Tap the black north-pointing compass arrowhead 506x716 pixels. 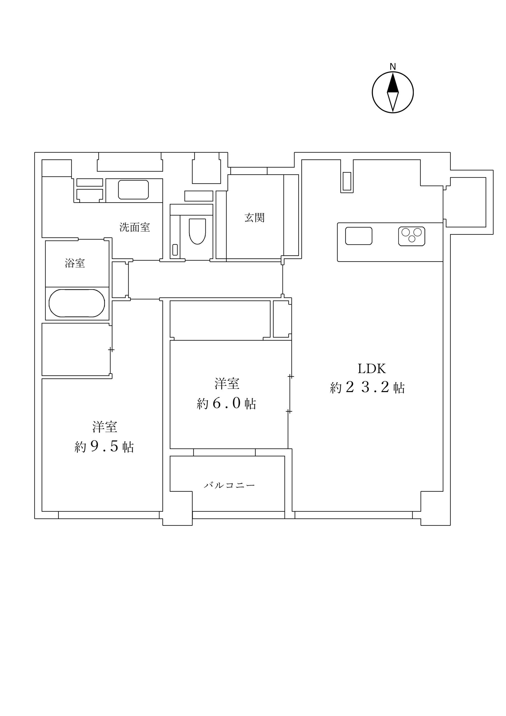(392, 84)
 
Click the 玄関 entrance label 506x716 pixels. (254, 218)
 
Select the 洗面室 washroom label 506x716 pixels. (135, 227)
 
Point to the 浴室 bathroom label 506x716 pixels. (75, 263)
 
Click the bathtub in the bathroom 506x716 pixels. (77, 303)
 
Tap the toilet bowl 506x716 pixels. (197, 231)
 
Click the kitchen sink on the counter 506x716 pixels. (359, 236)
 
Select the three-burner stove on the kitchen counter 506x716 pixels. (412, 236)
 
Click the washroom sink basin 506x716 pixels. (133, 190)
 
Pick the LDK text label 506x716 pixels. (371, 369)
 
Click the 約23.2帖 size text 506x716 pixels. (367, 388)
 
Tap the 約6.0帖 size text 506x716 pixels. (227, 404)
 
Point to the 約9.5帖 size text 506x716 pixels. (105, 447)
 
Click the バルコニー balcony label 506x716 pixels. (230, 485)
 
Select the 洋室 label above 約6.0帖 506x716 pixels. (227, 383)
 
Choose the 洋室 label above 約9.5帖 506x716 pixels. (105, 427)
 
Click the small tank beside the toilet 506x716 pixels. (175, 250)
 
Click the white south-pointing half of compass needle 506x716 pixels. (392, 101)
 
